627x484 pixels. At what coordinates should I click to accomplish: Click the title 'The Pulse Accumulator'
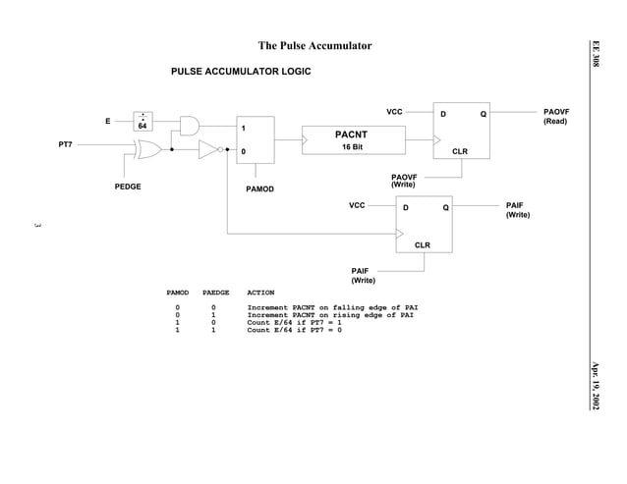[x=314, y=46]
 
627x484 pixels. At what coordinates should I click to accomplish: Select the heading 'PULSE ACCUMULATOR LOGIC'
[x=241, y=73]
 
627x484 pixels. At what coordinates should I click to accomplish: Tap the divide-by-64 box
[x=142, y=121]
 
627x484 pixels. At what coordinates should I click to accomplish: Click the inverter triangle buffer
[x=207, y=151]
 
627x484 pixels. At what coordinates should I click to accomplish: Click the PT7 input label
[x=66, y=144]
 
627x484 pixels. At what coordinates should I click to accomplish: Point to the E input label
[x=107, y=121]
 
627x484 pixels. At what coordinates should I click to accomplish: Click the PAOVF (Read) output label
[x=555, y=117]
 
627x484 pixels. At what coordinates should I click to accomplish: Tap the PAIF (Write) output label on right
[x=516, y=210]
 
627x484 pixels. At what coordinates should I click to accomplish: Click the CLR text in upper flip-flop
[x=459, y=152]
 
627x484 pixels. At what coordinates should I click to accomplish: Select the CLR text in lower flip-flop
[x=422, y=245]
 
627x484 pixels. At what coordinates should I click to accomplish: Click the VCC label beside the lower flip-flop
[x=358, y=205]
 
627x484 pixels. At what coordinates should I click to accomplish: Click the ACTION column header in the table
[x=260, y=293]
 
